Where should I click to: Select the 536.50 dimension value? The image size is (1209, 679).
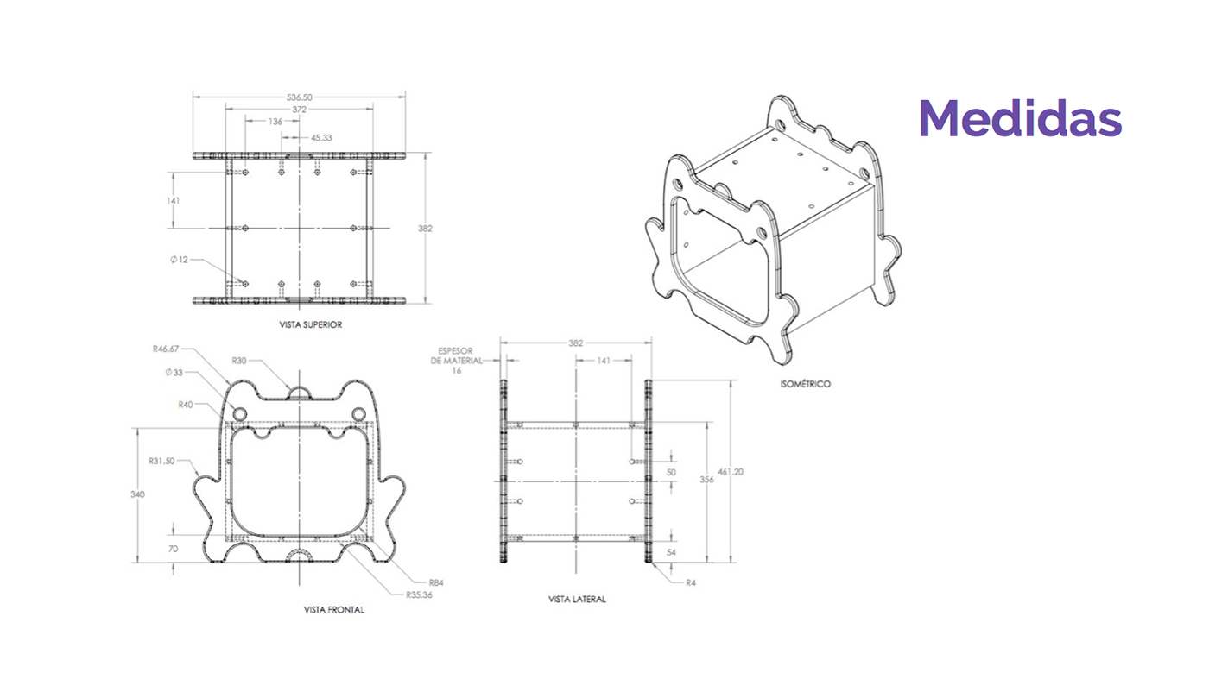coord(299,97)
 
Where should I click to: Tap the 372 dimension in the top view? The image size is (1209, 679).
coord(299,110)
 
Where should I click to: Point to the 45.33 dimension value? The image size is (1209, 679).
coord(321,137)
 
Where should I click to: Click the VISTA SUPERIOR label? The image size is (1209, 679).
coord(310,324)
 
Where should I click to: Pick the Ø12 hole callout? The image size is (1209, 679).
coord(180,260)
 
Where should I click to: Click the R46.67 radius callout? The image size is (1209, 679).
coord(166,349)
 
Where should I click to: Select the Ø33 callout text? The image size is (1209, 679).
coord(174,372)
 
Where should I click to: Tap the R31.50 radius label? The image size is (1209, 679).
coord(162,461)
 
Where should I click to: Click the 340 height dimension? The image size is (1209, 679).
coord(137,494)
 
